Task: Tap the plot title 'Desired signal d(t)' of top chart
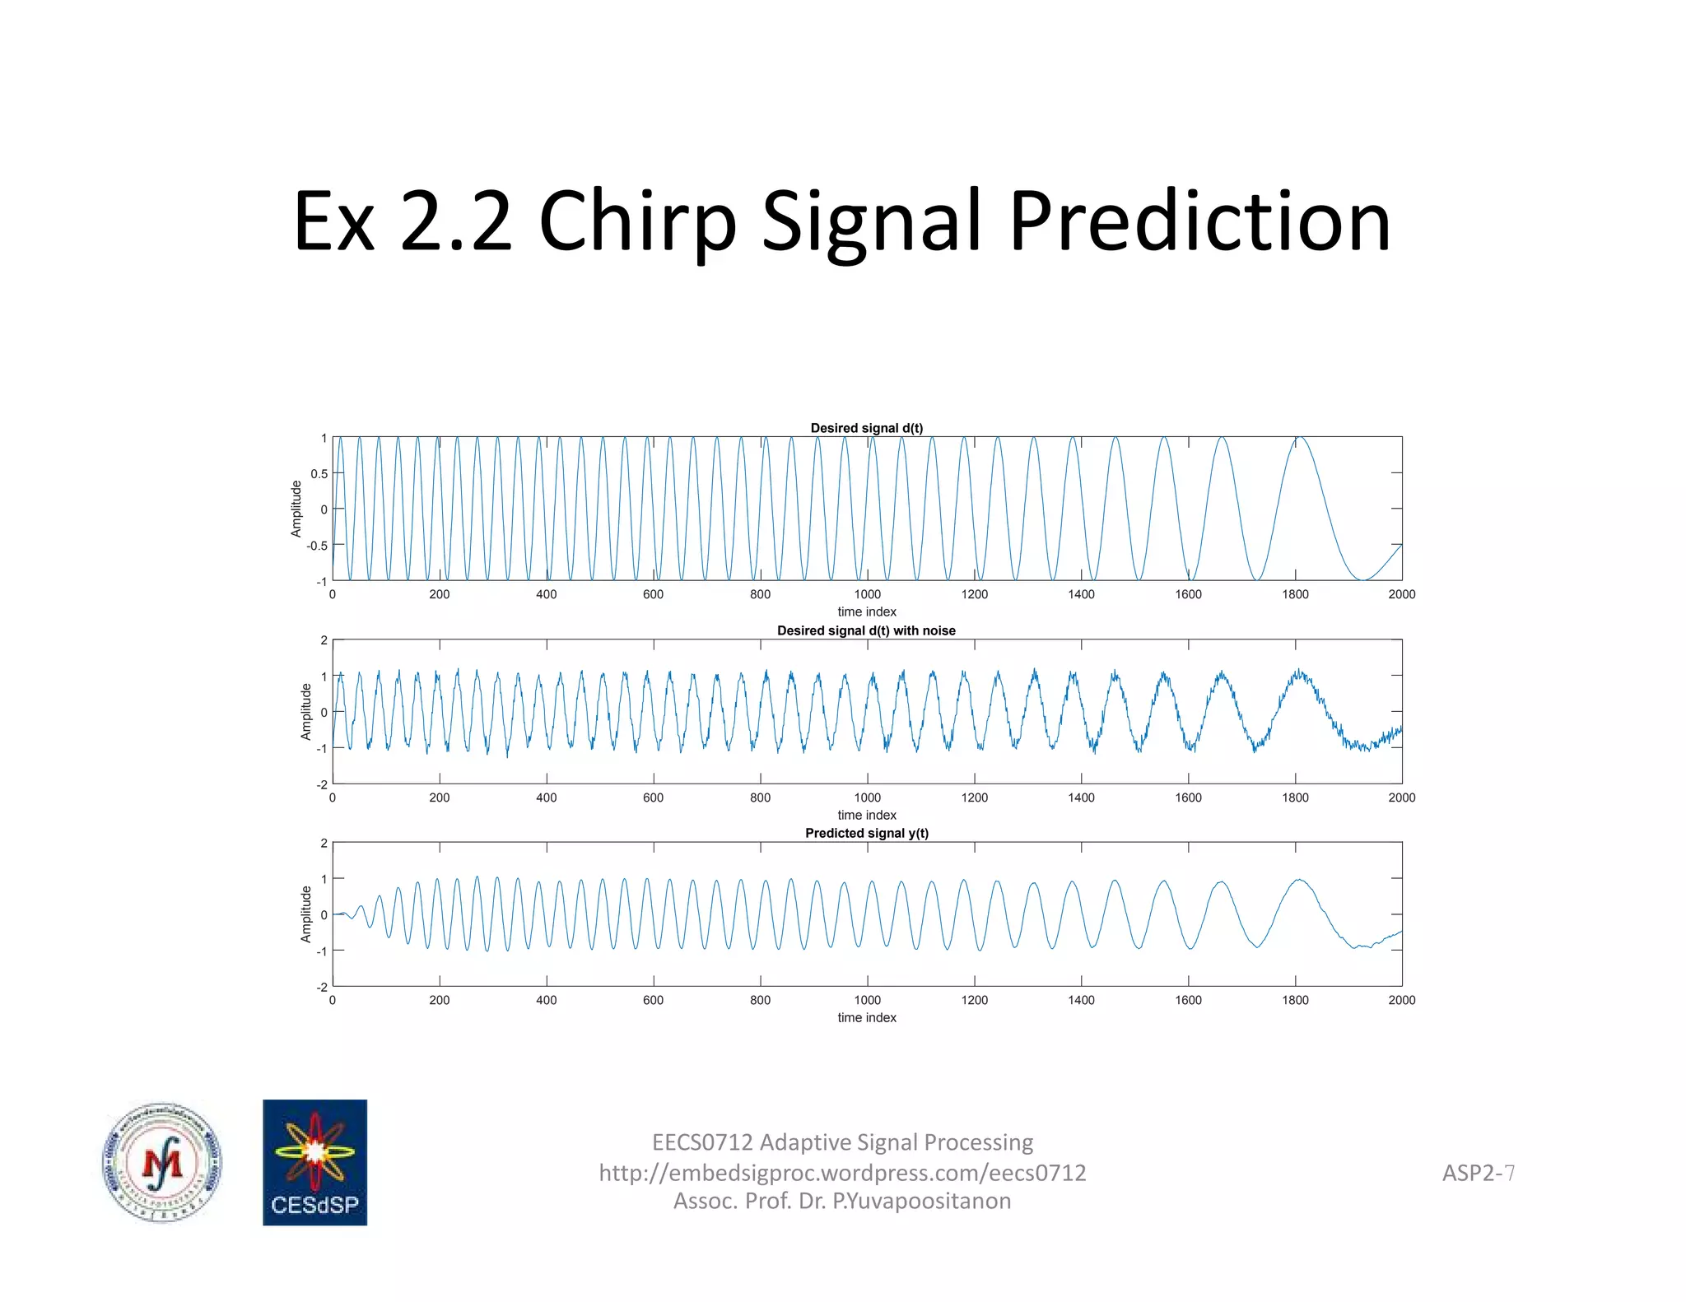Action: click(866, 428)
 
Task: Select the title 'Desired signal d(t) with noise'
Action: click(866, 630)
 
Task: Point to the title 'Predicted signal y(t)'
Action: click(866, 833)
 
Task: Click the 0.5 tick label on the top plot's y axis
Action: click(319, 474)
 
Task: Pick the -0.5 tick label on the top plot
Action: click(317, 546)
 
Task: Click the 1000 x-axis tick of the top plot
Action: click(867, 594)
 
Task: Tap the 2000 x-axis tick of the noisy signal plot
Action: click(1401, 797)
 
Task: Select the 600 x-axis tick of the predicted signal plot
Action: click(653, 1000)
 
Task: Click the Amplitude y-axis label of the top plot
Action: click(296, 509)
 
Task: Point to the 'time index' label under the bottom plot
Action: click(866, 1018)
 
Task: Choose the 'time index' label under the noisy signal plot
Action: click(866, 815)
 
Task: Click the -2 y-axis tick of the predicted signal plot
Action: click(322, 987)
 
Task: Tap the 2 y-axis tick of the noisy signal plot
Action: click(324, 640)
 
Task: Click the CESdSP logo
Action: click(314, 1162)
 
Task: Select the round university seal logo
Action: click(162, 1162)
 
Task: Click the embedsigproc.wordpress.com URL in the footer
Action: click(842, 1173)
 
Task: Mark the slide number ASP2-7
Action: click(1478, 1173)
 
